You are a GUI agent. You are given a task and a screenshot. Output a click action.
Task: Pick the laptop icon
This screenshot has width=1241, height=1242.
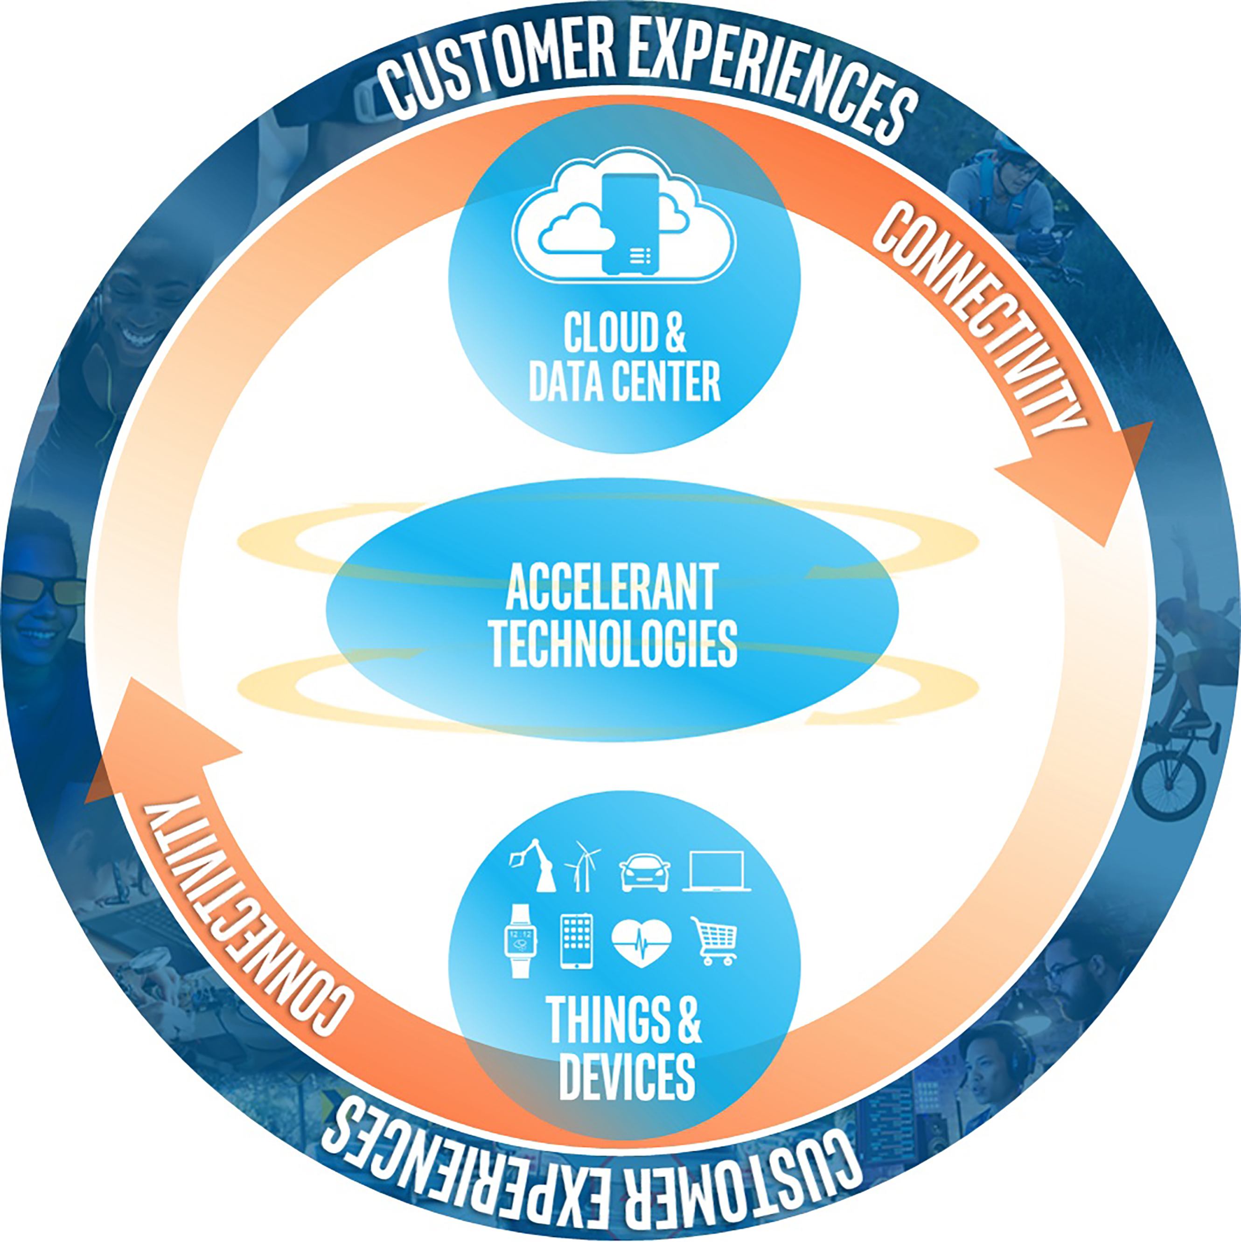pos(716,871)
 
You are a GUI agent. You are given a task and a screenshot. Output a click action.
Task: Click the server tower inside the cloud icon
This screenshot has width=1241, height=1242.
pos(630,224)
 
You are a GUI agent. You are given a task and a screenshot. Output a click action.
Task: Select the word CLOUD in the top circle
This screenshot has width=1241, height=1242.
pos(611,333)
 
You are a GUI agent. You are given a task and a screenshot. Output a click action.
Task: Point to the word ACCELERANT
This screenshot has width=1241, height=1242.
pos(612,586)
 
